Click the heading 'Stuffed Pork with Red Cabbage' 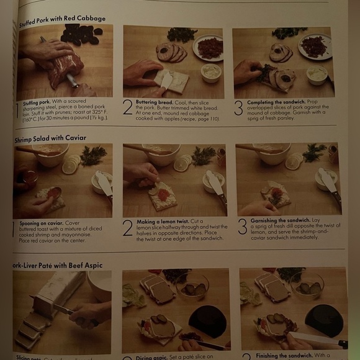point(62,21)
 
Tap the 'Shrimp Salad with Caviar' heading point(50,139)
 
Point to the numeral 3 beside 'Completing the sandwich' point(238,107)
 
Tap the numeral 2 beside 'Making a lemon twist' point(127,228)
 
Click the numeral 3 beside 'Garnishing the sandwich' point(242,227)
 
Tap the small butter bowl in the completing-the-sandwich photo point(317,74)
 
